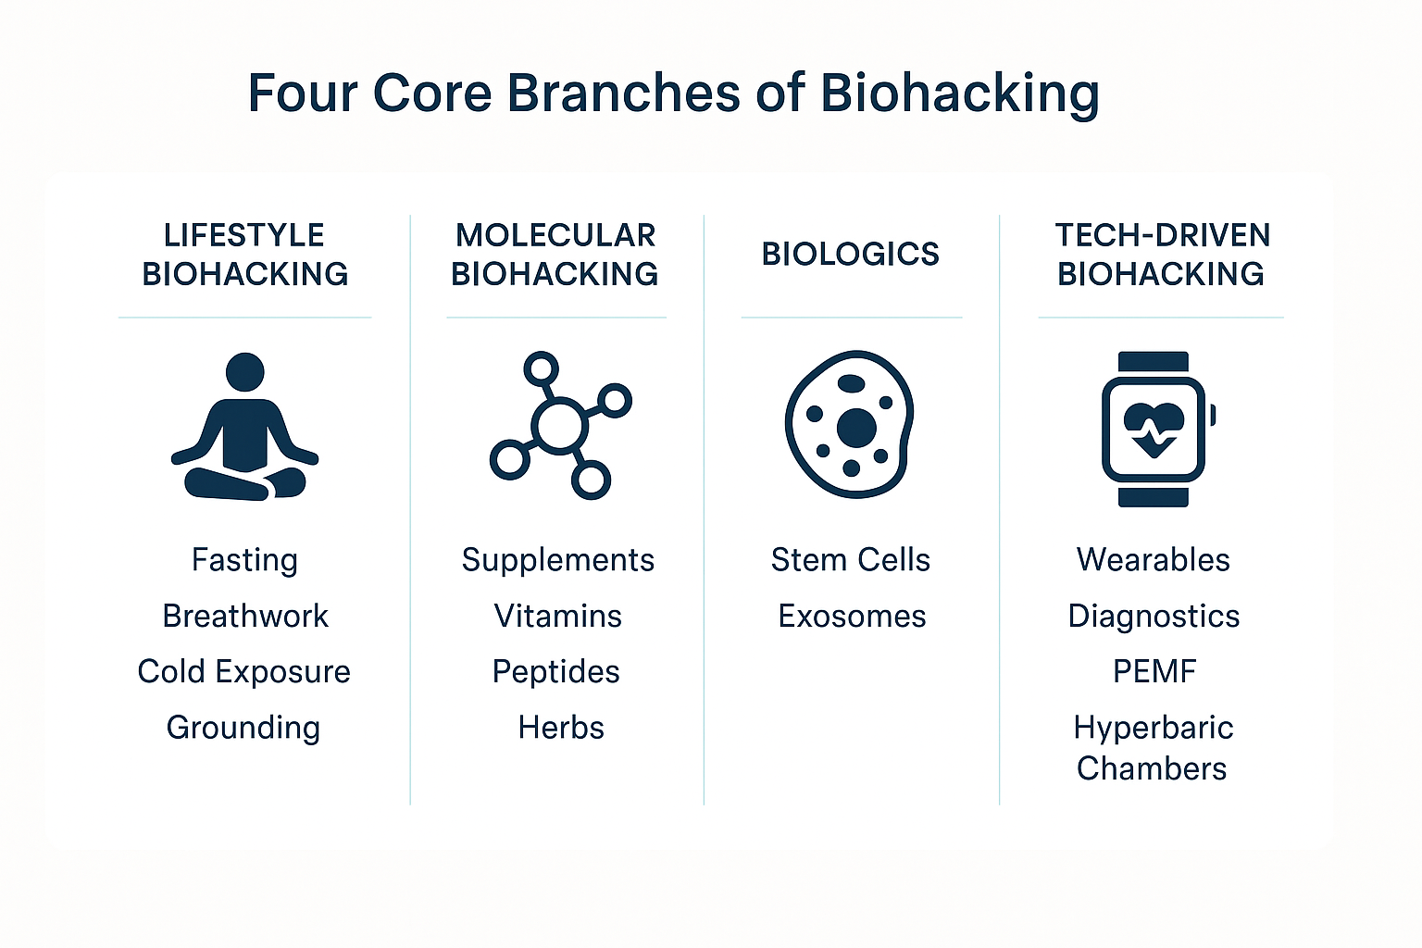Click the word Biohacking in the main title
[x=959, y=94]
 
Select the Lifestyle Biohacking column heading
[x=244, y=255]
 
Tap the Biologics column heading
[x=850, y=254]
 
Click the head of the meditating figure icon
[x=245, y=372]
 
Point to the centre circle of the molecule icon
[x=559, y=427]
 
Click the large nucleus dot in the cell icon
[x=856, y=428]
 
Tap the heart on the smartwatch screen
[x=1154, y=430]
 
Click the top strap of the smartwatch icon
[x=1154, y=361]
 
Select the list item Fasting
[x=244, y=561]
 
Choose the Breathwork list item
[x=245, y=616]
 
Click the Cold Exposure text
[x=243, y=672]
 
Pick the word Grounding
[x=243, y=729]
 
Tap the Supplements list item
[x=558, y=561]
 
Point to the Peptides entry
[x=556, y=672]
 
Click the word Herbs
[x=561, y=728]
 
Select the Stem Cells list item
[x=851, y=560]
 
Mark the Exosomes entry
[x=852, y=616]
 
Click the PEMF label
[x=1154, y=672]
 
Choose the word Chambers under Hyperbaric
[x=1152, y=769]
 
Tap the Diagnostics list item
[x=1154, y=617]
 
